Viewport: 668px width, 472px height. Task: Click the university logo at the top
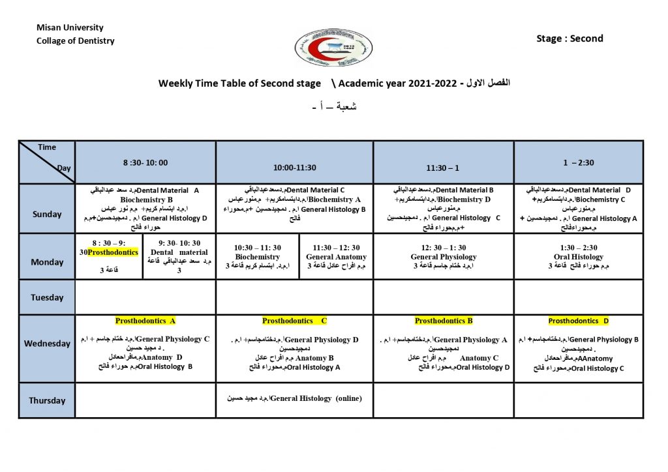pyautogui.click(x=333, y=49)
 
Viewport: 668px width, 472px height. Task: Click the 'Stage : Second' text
pyautogui.click(x=569, y=38)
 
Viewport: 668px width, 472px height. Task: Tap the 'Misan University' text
pyautogui.click(x=70, y=28)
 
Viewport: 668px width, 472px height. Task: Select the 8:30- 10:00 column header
pyautogui.click(x=145, y=163)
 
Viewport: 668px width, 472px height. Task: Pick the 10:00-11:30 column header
pyautogui.click(x=295, y=168)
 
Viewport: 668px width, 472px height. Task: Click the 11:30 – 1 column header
pyautogui.click(x=443, y=168)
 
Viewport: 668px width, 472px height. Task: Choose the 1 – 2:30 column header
pyautogui.click(x=579, y=163)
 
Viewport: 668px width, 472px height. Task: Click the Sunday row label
pyautogui.click(x=47, y=214)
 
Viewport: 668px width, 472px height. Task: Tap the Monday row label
pyautogui.click(x=47, y=262)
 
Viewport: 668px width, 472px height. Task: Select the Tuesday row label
pyautogui.click(x=47, y=297)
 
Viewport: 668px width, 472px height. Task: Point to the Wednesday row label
pyautogui.click(x=47, y=344)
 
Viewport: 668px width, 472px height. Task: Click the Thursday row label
pyautogui.click(x=47, y=400)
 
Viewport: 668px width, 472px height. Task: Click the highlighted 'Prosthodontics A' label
pyautogui.click(x=145, y=321)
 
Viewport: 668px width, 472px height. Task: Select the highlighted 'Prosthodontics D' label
pyautogui.click(x=579, y=321)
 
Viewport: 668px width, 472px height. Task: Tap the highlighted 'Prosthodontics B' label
pyautogui.click(x=444, y=321)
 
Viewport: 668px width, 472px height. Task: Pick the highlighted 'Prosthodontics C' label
pyautogui.click(x=295, y=321)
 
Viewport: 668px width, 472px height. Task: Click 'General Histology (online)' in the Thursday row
pyautogui.click(x=316, y=398)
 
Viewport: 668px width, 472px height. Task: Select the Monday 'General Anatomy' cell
pyautogui.click(x=336, y=257)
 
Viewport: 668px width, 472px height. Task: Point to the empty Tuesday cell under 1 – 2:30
pyautogui.click(x=579, y=297)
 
